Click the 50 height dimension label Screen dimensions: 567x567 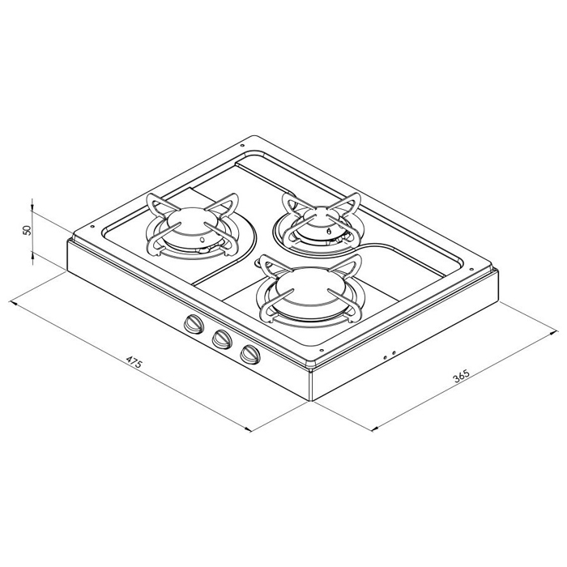pos(27,229)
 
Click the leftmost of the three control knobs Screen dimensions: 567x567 pos(193,324)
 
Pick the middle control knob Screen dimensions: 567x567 pos(220,339)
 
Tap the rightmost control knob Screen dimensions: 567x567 pos(249,354)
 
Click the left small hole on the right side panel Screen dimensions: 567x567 pos(383,356)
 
